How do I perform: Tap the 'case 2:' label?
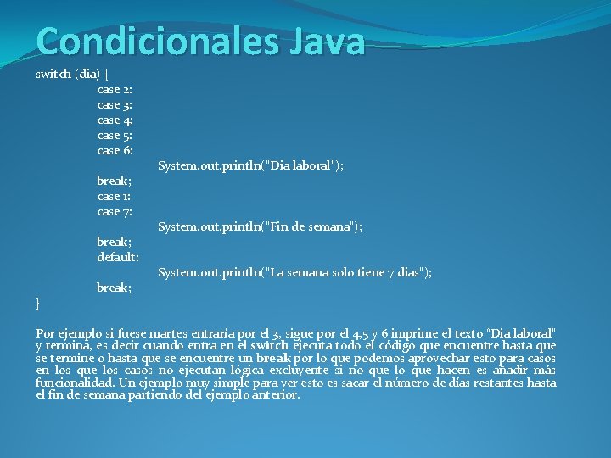tap(115, 89)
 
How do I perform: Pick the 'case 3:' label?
tap(115, 104)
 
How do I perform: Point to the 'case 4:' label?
tap(115, 120)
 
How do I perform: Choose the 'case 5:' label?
tap(115, 135)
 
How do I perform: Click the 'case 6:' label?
tap(115, 150)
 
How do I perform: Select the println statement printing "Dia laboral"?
tap(251, 165)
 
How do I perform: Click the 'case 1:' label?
tap(114, 196)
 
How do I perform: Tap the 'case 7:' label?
tap(115, 211)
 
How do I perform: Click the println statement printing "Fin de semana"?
tap(260, 226)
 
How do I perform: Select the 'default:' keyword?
tap(118, 257)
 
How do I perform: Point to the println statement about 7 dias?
tap(294, 272)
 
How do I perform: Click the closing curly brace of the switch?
tap(38, 303)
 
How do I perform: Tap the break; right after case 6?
tap(114, 181)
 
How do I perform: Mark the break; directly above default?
tap(114, 242)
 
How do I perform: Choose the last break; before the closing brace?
tap(114, 288)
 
